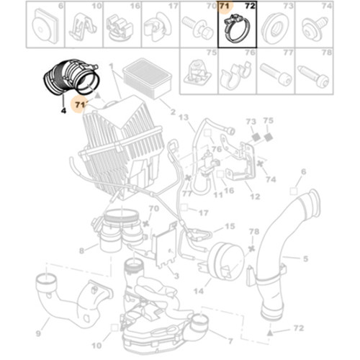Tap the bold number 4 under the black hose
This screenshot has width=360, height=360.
63,111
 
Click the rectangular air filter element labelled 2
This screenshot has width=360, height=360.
147,78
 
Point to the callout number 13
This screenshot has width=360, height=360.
184,117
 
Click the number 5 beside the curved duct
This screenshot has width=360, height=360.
305,258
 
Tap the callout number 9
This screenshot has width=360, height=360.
38,333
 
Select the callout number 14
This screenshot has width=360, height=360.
199,291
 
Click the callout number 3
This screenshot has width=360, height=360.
176,276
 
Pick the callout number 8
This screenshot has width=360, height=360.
81,251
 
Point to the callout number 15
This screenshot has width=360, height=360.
230,226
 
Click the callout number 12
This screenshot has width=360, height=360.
255,197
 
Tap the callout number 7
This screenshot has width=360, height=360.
230,341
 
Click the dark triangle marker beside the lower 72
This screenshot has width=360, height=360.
270,333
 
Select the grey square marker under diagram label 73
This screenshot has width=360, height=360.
256,138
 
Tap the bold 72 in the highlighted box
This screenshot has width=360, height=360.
250,6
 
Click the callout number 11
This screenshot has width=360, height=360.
218,194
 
